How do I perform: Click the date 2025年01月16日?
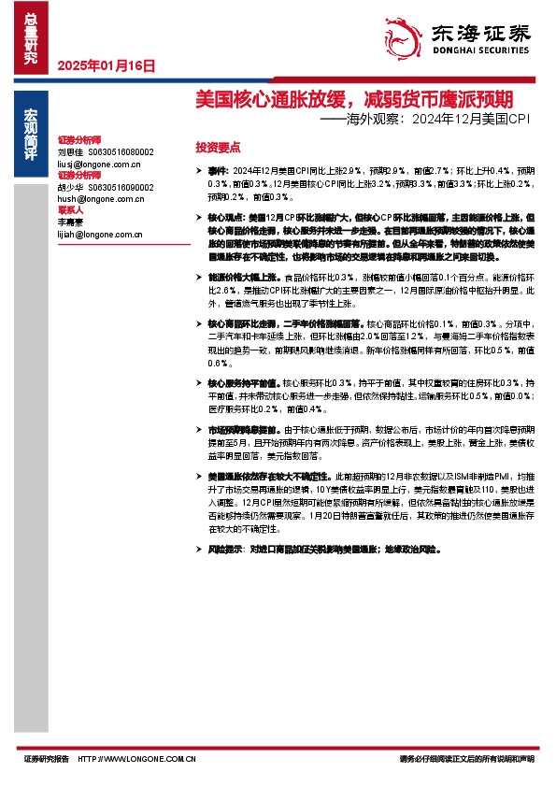(x=106, y=66)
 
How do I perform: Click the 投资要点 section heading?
(x=218, y=148)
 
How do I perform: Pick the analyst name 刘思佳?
(x=71, y=150)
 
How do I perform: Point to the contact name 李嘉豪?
(x=71, y=222)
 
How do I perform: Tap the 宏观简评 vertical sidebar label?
(x=31, y=137)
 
